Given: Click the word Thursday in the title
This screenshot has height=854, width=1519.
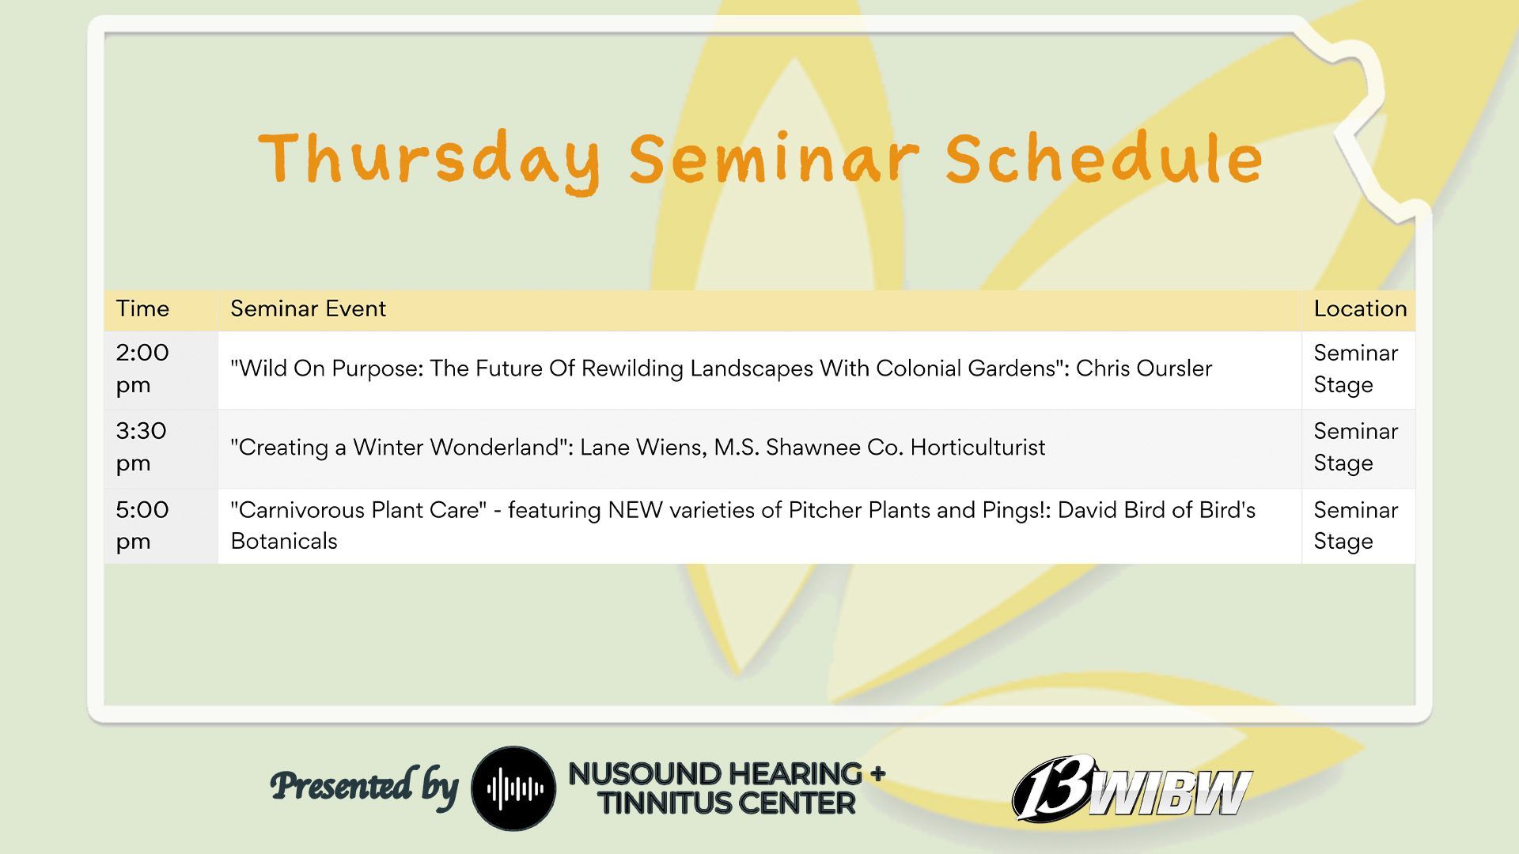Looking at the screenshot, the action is [429, 161].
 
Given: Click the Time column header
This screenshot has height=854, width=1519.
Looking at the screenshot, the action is [142, 308].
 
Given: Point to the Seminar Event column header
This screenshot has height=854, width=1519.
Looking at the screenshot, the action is [308, 308].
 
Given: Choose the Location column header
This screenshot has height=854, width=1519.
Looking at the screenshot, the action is [1360, 308].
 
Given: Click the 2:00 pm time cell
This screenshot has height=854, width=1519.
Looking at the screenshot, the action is [142, 368].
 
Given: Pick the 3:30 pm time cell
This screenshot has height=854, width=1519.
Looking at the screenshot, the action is [142, 447].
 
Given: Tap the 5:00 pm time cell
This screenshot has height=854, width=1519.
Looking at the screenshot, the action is [142, 525].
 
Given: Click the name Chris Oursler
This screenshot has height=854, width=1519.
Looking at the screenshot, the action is [1143, 368].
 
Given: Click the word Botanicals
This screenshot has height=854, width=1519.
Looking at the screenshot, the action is [284, 542].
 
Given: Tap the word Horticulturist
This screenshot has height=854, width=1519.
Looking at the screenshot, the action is [978, 448].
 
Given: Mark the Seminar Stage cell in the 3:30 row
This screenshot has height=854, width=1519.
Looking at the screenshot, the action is [1355, 447].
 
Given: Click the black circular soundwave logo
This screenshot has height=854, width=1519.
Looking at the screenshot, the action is [513, 788].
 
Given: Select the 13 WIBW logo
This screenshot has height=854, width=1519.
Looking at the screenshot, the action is [1132, 788].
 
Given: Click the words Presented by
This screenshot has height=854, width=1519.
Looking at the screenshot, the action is [364, 787].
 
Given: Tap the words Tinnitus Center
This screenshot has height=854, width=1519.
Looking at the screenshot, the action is [726, 803].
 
